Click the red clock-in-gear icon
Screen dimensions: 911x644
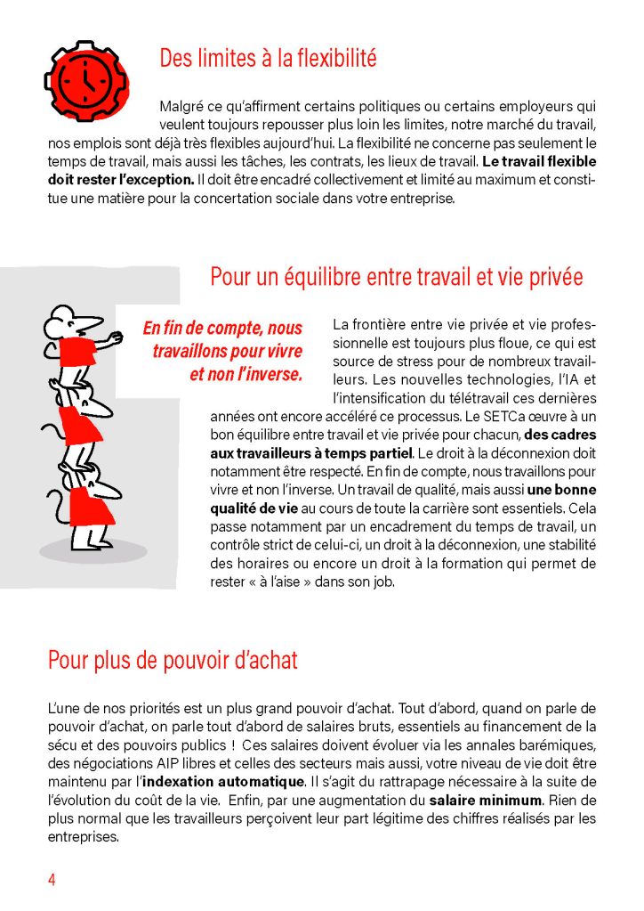tap(87, 79)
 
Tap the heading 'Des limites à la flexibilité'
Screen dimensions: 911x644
tap(268, 59)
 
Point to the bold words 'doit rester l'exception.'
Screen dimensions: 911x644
tap(121, 179)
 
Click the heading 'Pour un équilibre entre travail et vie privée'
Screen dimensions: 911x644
tap(397, 276)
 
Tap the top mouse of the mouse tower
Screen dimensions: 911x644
tap(76, 343)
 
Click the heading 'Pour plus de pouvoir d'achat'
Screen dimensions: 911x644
tap(173, 660)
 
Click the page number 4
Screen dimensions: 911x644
tap(52, 880)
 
